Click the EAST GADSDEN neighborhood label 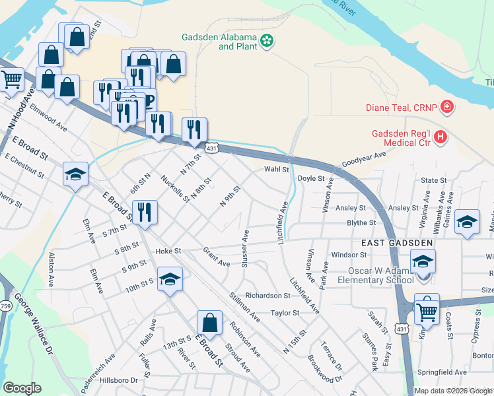[x=396, y=243]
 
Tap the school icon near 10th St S [x=170, y=279]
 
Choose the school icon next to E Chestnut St [x=75, y=175]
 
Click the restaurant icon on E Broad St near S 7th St [x=145, y=213]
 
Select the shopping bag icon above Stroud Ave [x=209, y=323]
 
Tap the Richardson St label [x=267, y=296]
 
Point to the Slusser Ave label [x=245, y=249]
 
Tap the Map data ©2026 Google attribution [x=452, y=391]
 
